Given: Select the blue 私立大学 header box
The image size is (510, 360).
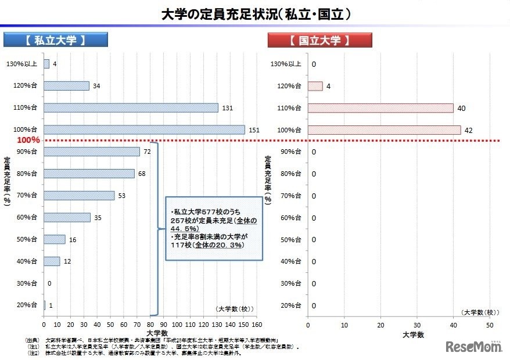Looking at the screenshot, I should [x=56, y=41].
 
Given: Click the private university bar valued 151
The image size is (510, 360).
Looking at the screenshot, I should [x=144, y=129].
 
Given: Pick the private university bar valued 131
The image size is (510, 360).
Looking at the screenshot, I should [x=131, y=107].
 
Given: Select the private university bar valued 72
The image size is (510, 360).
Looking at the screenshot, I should [x=92, y=152].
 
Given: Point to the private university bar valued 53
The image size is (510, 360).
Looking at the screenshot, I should [x=79, y=196].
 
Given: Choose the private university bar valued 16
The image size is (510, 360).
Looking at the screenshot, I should [x=55, y=239].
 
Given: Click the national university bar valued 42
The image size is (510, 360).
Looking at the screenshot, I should [x=384, y=129].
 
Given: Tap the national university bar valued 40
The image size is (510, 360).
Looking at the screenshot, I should [x=380, y=107].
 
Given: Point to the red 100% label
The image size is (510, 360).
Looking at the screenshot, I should [x=28, y=140].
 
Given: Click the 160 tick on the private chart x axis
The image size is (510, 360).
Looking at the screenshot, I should [x=258, y=325].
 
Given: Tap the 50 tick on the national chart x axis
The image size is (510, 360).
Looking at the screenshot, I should [x=489, y=325].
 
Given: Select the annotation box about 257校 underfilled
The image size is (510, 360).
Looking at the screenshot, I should [x=214, y=228].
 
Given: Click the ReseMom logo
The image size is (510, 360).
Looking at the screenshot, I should [x=473, y=347].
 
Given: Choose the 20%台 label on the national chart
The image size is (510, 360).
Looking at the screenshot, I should [x=290, y=305].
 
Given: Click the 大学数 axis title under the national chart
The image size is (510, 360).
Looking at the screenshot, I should [x=414, y=335].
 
